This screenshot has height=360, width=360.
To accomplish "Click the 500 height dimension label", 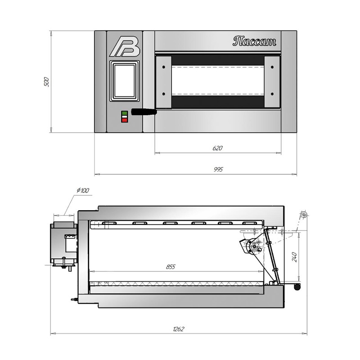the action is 46,82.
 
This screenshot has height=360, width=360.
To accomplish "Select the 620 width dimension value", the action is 217,148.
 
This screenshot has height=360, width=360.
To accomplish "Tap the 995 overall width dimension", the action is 218,170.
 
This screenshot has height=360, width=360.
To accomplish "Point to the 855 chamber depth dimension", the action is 171,267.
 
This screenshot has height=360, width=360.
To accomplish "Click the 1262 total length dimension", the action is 178,329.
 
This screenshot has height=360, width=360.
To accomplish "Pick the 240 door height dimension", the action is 295,257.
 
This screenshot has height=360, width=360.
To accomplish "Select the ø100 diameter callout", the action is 83,190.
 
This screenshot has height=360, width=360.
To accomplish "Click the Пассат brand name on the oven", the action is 254,41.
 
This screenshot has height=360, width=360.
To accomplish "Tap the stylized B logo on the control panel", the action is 125,47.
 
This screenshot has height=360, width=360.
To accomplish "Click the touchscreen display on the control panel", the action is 125,81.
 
